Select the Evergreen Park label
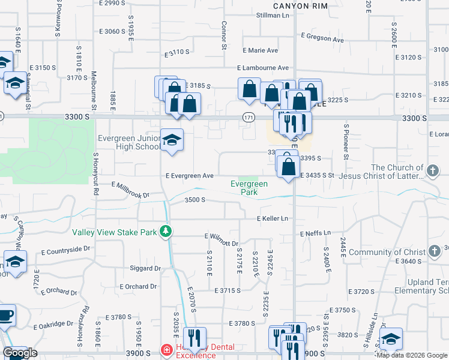[x=248, y=188]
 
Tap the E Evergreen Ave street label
[x=190, y=176]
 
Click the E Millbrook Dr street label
[x=130, y=190]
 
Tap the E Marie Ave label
[x=260, y=50]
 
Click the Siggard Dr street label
[x=146, y=268]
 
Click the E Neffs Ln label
[x=315, y=232]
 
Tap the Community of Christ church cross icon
[x=435, y=252]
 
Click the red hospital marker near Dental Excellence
[x=165, y=350]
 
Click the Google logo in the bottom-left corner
[x=20, y=353]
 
